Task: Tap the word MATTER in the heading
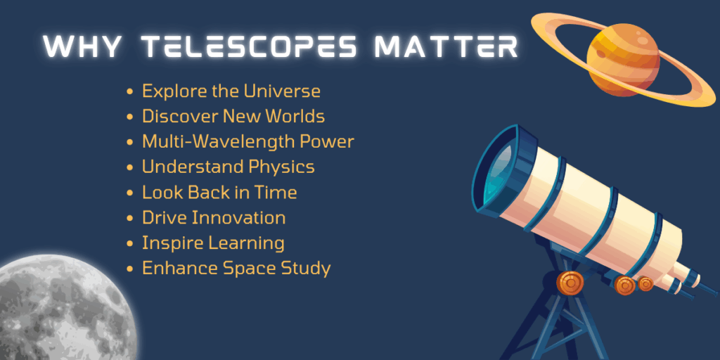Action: click(x=446, y=47)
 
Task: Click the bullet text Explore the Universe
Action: click(x=231, y=91)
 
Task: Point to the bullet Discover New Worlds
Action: click(x=233, y=116)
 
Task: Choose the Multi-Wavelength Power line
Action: click(x=247, y=141)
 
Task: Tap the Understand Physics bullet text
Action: click(x=228, y=167)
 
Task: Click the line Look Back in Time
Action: click(x=219, y=192)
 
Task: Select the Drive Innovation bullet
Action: click(x=214, y=218)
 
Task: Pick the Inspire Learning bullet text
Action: click(x=213, y=243)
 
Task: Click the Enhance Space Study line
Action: click(x=236, y=268)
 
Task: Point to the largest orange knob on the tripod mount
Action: click(x=570, y=283)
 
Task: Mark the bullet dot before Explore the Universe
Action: click(x=129, y=92)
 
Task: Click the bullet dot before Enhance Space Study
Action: click(x=129, y=269)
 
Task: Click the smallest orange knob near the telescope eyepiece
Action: click(x=645, y=284)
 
